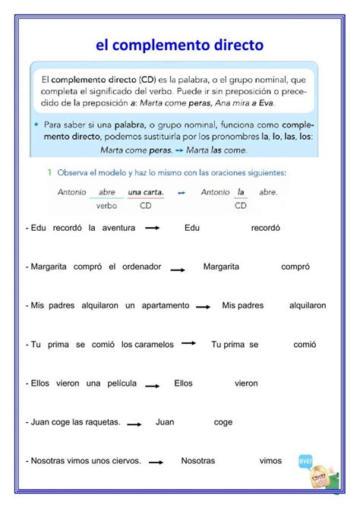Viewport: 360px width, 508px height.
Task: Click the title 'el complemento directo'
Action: point(179,46)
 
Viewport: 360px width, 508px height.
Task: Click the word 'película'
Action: point(122,383)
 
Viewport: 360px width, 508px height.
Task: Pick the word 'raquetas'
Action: point(101,422)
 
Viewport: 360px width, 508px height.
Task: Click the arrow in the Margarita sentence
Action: point(178,268)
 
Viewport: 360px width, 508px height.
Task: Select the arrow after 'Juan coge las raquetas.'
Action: point(136,424)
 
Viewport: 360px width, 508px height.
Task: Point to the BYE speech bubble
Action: point(306,462)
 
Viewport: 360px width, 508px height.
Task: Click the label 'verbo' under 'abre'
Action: point(106,205)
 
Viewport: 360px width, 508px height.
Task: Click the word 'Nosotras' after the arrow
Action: point(198,461)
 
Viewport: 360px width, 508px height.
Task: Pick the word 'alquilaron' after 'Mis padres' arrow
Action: point(308,305)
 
